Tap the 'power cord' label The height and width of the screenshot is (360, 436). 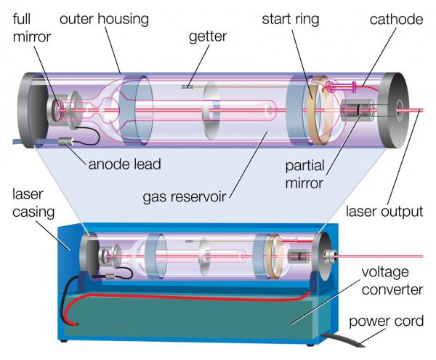(x=389, y=321)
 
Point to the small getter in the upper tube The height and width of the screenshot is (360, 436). (x=187, y=85)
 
